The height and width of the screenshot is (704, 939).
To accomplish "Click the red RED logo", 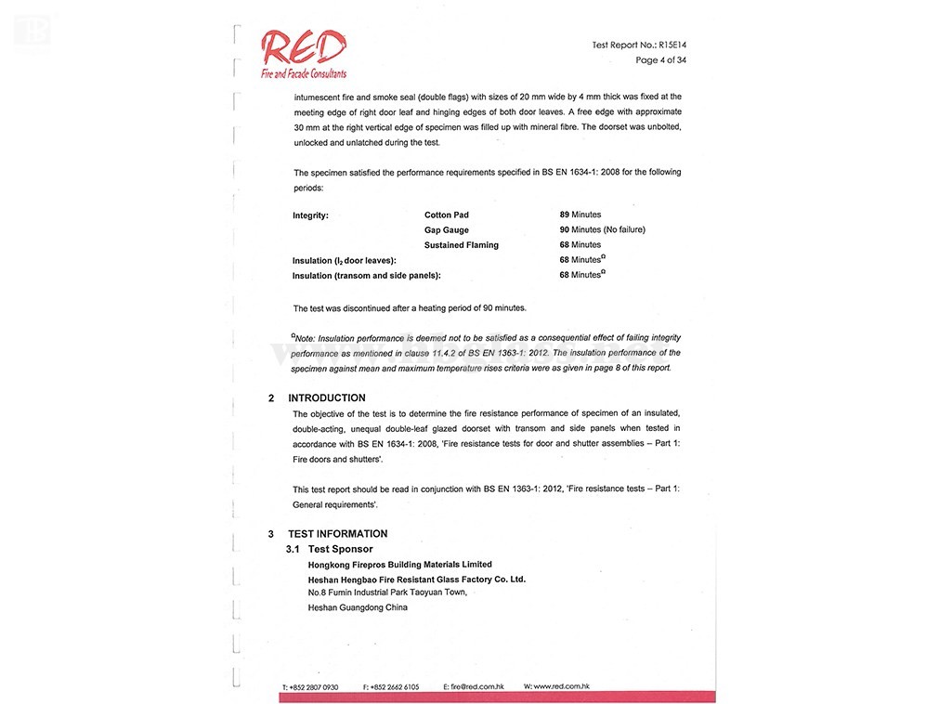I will pyautogui.click(x=303, y=47).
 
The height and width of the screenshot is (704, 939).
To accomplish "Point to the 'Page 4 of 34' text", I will pyautogui.click(x=660, y=60).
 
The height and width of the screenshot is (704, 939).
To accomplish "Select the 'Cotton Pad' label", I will pyautogui.click(x=446, y=215).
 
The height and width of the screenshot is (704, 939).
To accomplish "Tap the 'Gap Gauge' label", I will pyautogui.click(x=446, y=229).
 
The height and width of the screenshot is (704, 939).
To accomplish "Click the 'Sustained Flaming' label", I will pyautogui.click(x=461, y=245).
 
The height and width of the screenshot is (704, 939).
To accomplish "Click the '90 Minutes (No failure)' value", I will pyautogui.click(x=602, y=229).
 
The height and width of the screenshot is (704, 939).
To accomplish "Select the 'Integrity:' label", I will pyautogui.click(x=310, y=215).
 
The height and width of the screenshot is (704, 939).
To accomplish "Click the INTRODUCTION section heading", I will pyautogui.click(x=326, y=398).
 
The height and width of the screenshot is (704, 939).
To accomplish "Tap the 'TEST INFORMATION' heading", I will pyautogui.click(x=337, y=534).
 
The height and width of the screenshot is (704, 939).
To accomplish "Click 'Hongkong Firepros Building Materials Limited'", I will pyautogui.click(x=399, y=565).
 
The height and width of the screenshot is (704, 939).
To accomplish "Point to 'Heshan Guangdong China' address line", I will pyautogui.click(x=358, y=607).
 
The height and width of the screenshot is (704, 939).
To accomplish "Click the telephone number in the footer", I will pyautogui.click(x=310, y=687).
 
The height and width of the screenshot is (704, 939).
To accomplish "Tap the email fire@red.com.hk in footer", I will pyautogui.click(x=474, y=687).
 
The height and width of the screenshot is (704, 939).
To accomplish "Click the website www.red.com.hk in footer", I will pyautogui.click(x=556, y=686).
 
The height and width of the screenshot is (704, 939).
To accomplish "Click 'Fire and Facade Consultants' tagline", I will pyautogui.click(x=303, y=73).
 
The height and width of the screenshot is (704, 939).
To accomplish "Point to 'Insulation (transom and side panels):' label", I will pyautogui.click(x=366, y=276).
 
